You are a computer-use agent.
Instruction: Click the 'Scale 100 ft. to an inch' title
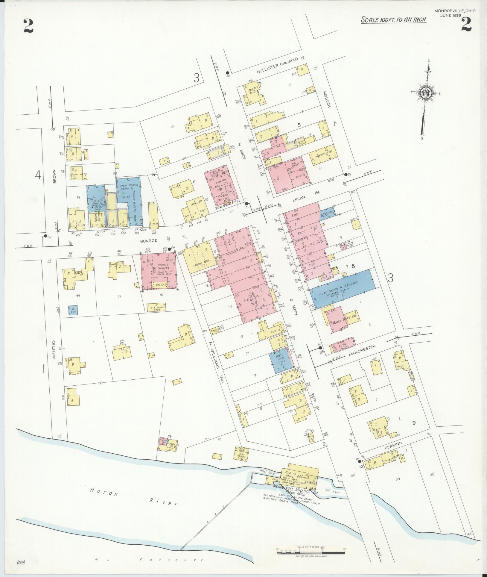pos(393,20)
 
